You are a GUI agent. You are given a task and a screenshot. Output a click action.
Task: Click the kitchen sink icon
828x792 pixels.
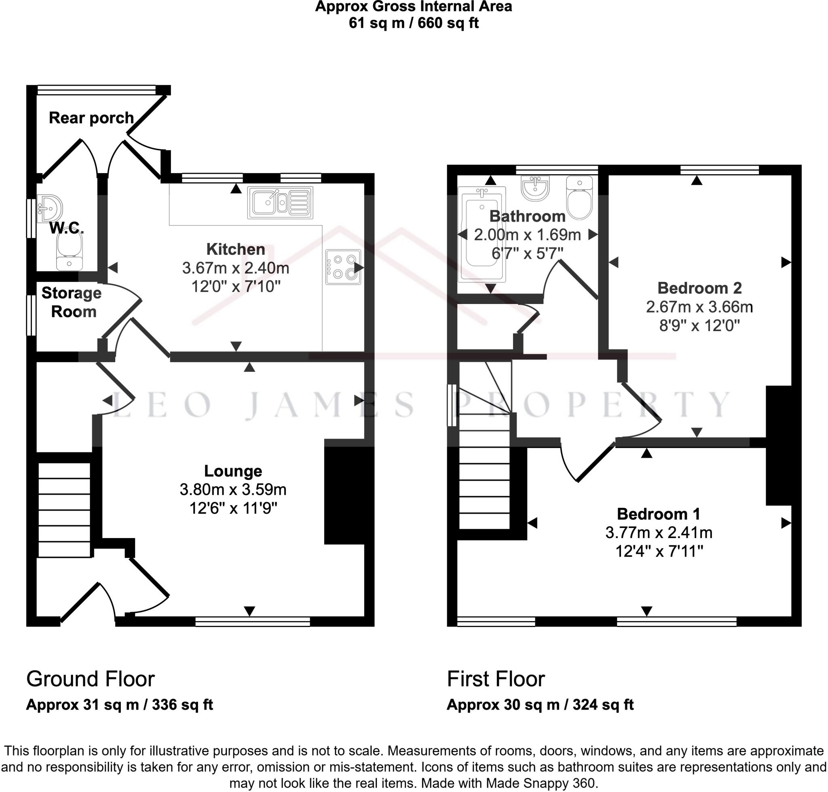[280, 203]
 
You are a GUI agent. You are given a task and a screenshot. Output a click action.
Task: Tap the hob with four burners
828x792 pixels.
[343, 267]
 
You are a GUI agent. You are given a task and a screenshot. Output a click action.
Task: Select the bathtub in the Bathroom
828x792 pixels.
[482, 234]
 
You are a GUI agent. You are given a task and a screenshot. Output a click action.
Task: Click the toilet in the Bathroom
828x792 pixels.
[579, 198]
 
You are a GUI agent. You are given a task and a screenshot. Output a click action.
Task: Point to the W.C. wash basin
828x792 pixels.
[49, 209]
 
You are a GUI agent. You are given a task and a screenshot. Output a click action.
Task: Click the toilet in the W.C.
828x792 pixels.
[69, 252]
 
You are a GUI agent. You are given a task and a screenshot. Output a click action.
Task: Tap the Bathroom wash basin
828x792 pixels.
[535, 188]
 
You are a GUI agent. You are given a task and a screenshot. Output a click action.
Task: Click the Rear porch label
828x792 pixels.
[91, 118]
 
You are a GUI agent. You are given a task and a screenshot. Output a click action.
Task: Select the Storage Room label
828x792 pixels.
[72, 302]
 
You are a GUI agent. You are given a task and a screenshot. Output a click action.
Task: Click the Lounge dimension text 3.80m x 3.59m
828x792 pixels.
[233, 489]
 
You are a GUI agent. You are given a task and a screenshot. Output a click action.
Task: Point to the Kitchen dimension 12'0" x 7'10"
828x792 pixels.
[236, 287]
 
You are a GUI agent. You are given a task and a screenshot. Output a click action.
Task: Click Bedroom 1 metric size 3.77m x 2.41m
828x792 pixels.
[659, 532]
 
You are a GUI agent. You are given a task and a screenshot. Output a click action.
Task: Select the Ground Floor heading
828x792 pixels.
[90, 679]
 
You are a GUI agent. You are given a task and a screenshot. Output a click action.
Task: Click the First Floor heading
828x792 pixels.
[496, 679]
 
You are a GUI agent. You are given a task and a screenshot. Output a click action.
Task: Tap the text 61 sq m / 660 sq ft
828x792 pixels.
[414, 23]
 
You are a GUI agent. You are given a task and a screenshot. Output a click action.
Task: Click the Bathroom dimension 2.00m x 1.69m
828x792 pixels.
[527, 235]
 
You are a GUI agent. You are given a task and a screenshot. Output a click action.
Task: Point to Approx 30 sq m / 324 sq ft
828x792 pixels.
[540, 705]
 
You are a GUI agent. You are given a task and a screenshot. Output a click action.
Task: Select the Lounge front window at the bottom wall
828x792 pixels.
[253, 621]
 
